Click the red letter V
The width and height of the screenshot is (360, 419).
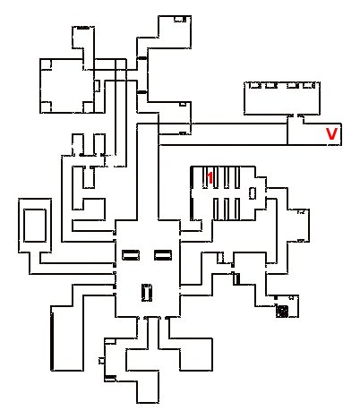pyautogui.click(x=331, y=134)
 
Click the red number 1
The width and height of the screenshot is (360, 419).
pyautogui.click(x=210, y=178)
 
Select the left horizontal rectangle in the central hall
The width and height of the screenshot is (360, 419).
pyautogui.click(x=131, y=255)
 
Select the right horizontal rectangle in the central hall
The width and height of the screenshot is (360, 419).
pyautogui.click(x=163, y=255)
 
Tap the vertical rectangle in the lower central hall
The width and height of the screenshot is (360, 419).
pyautogui.click(x=147, y=293)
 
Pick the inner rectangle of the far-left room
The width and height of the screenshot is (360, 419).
pyautogui.click(x=35, y=226)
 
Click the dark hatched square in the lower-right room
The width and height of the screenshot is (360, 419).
pyautogui.click(x=282, y=312)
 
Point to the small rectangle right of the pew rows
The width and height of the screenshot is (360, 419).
pyautogui.click(x=253, y=193)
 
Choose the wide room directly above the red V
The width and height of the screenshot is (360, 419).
pyautogui.click(x=282, y=98)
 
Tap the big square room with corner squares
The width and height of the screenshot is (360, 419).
pyautogui.click(x=67, y=86)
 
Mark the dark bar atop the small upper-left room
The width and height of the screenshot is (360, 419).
pyautogui.click(x=83, y=28)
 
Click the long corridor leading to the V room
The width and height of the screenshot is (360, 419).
pyautogui.click(x=223, y=134)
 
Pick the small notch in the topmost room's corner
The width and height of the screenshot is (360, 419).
pyautogui.click(x=180, y=19)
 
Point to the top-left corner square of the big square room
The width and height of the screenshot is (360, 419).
pyautogui.click(x=46, y=64)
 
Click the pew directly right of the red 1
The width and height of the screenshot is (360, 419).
pyautogui.click(x=216, y=177)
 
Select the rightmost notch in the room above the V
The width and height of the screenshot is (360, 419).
pyautogui.click(x=309, y=86)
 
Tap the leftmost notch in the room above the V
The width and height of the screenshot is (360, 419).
pyautogui.click(x=254, y=86)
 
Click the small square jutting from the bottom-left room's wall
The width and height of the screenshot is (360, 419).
pyautogui.click(x=101, y=361)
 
